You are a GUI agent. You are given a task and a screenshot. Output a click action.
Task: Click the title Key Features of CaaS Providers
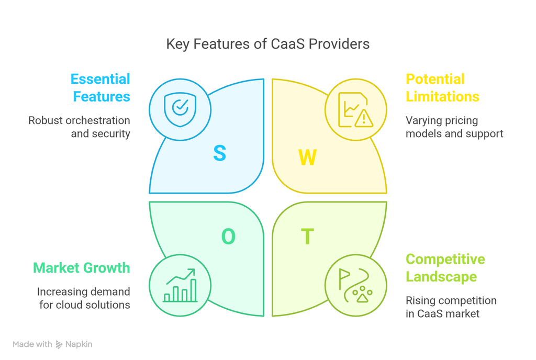267,44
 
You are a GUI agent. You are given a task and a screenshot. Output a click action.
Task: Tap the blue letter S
219,153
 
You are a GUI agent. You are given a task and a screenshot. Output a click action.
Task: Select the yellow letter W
307,157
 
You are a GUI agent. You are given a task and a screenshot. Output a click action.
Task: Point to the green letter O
228,237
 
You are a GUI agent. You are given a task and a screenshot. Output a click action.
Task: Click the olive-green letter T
307,237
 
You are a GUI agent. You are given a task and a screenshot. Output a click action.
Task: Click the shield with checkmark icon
180,109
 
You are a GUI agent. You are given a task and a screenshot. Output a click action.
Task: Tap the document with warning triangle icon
355,110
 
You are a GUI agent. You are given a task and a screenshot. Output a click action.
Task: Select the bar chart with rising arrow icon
180,286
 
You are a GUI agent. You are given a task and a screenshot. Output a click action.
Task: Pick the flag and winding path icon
355,286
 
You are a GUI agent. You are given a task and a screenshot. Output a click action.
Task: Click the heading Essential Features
100,88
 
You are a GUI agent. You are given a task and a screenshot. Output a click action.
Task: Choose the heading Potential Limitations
442,88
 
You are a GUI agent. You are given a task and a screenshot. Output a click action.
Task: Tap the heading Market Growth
82,268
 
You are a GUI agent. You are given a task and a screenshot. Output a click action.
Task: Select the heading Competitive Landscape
445,268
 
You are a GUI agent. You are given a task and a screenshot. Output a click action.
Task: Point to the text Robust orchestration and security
80,127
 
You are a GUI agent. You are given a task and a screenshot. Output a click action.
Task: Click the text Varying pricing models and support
454,127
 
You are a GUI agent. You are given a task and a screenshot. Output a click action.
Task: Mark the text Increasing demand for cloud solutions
84,298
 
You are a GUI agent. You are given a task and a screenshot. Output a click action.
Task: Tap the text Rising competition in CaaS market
451,307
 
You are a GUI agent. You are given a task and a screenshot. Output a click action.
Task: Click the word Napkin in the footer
79,344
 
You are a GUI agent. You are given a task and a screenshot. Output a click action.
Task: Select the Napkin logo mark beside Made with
59,344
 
